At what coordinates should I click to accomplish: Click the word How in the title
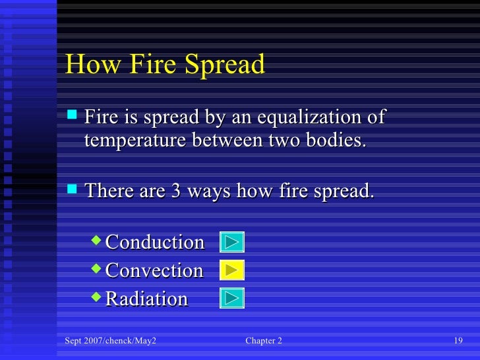click(x=88, y=65)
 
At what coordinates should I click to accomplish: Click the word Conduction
click(x=155, y=242)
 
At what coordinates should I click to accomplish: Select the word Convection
click(x=154, y=270)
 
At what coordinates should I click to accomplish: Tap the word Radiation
click(x=146, y=299)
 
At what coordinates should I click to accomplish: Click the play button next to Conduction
click(x=231, y=242)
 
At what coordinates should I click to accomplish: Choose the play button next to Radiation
click(x=231, y=298)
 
